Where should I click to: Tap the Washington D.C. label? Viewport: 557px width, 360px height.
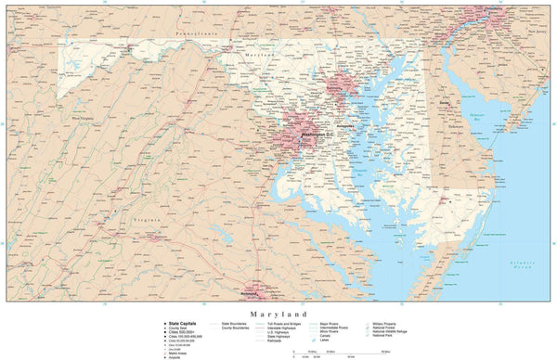pyautogui.click(x=312, y=135)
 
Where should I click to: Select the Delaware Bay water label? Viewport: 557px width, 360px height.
pyautogui.click(x=482, y=119)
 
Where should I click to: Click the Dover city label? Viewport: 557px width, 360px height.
pyautogui.click(x=446, y=103)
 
